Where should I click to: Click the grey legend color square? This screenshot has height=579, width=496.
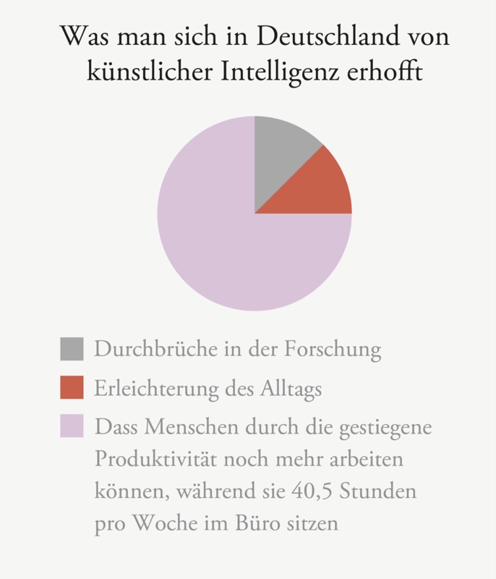coord(72,349)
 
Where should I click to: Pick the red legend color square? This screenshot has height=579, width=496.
coord(72,388)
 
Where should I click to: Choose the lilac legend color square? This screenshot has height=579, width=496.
coord(72,426)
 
